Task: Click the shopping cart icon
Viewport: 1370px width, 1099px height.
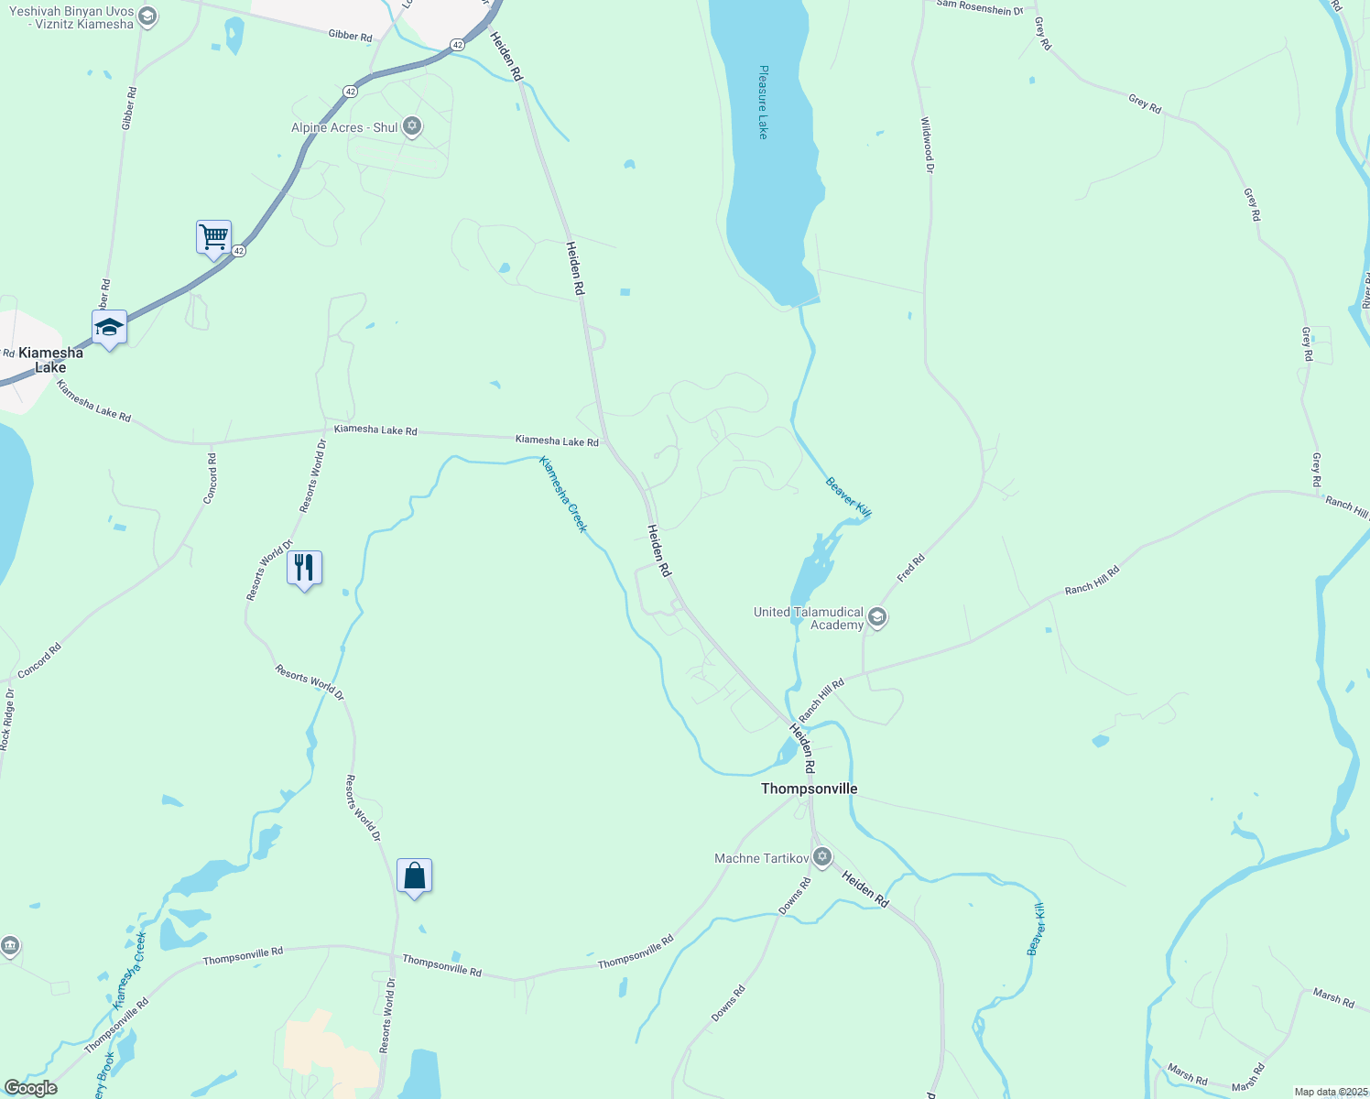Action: click(x=213, y=238)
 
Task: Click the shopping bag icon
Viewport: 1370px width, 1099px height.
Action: click(x=414, y=876)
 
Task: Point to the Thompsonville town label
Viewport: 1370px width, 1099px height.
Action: click(x=810, y=789)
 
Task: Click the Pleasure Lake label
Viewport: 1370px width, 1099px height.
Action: click(x=763, y=102)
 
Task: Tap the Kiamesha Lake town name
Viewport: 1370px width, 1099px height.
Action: click(x=50, y=360)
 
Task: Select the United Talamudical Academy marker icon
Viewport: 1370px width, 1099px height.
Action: click(x=877, y=617)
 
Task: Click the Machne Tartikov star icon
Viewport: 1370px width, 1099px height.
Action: click(x=822, y=857)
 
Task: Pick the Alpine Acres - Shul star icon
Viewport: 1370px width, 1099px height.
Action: click(x=412, y=126)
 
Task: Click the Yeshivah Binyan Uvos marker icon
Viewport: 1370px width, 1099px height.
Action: click(x=147, y=16)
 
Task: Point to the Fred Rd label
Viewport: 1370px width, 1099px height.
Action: click(x=911, y=568)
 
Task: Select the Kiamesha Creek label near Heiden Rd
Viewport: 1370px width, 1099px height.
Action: click(x=562, y=494)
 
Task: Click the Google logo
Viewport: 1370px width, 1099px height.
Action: click(x=30, y=1088)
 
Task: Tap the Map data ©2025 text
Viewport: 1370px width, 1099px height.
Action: click(x=1331, y=1092)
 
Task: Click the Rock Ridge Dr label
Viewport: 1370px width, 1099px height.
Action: click(x=6, y=720)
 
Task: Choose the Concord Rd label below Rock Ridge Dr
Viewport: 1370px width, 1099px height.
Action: click(x=39, y=659)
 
